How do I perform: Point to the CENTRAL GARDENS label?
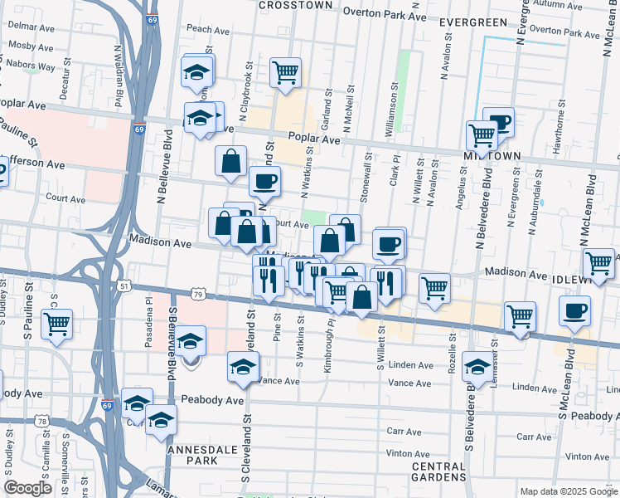click(x=438, y=472)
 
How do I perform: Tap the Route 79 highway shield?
click(x=197, y=294)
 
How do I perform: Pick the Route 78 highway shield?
click(x=42, y=422)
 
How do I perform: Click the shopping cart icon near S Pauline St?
click(x=56, y=325)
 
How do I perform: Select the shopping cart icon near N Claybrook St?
click(x=284, y=72)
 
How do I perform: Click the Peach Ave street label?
click(x=202, y=28)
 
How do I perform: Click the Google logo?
click(x=28, y=488)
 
